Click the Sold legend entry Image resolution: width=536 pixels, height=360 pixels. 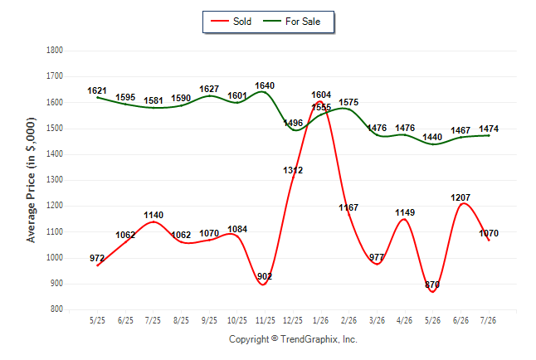point(231,22)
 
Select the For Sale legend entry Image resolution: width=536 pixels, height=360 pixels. point(291,22)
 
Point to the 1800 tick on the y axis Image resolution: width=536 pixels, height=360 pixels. point(55,51)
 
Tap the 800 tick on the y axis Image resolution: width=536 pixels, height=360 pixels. point(56,309)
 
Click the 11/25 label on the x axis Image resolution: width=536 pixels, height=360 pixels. point(265,320)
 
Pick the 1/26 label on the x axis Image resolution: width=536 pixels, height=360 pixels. point(320,320)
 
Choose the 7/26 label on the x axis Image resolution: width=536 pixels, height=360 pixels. point(488,320)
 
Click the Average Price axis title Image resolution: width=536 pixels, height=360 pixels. point(31,180)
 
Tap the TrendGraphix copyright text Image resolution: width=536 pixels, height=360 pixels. point(293,339)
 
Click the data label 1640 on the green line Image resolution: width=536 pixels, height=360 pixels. point(265,85)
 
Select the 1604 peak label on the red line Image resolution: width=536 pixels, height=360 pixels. point(321,95)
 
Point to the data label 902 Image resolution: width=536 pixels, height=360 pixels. point(265,276)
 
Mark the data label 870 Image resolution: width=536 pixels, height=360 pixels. point(432,285)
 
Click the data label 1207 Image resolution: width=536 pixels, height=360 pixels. point(460,197)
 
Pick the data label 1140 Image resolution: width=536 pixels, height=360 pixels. point(153,215)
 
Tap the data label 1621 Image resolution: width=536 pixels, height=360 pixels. point(97,90)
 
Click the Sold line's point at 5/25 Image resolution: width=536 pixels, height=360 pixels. point(97,265)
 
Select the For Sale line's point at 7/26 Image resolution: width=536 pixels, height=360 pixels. point(489,135)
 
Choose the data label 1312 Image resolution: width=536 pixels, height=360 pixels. point(293,170)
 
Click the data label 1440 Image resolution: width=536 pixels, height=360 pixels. point(432,137)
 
